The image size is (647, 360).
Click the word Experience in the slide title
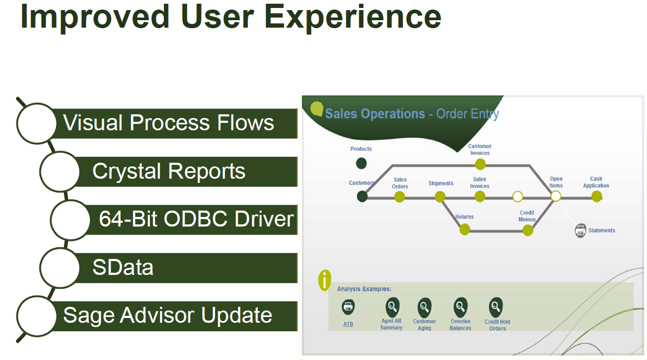tap(353, 17)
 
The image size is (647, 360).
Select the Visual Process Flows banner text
tap(169, 123)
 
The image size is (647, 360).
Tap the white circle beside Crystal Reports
tap(60, 171)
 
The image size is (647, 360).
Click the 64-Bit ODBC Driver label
tap(196, 219)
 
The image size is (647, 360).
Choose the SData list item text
tap(123, 267)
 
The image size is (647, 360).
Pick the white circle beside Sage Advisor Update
tap(37, 315)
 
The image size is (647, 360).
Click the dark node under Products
tap(361, 163)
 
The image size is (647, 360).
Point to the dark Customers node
tap(362, 196)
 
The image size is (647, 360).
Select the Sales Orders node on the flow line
tap(400, 197)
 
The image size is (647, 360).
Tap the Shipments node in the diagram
tap(440, 197)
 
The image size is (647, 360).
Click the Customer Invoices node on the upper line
tap(480, 164)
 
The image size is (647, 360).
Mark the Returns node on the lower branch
tap(464, 229)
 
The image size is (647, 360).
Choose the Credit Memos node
tap(528, 230)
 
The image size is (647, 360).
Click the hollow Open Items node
tap(556, 196)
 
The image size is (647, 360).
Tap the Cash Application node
tap(597, 196)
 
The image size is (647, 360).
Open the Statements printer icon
tap(580, 230)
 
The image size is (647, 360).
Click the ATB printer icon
tap(348, 307)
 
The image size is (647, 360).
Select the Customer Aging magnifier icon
tap(424, 307)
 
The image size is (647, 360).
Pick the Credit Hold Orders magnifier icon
tap(496, 307)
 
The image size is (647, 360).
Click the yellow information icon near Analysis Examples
tap(324, 280)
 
